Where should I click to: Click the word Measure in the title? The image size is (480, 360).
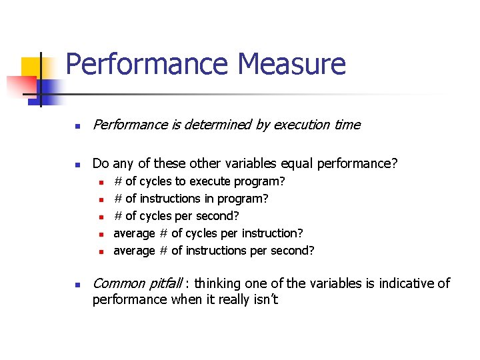pyautogui.click(x=291, y=65)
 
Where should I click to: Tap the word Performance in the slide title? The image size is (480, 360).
pyautogui.click(x=146, y=65)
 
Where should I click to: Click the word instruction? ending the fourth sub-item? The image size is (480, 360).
pyautogui.click(x=273, y=233)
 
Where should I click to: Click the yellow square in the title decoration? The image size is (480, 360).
pyautogui.click(x=33, y=68)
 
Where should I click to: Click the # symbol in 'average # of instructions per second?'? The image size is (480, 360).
pyautogui.click(x=163, y=251)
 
